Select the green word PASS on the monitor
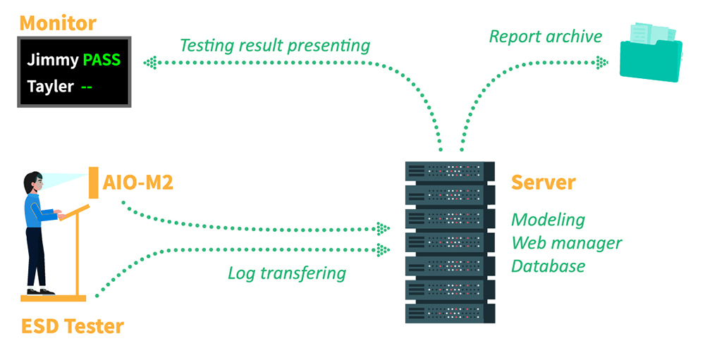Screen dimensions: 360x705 102,61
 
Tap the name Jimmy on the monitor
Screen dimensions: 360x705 53,61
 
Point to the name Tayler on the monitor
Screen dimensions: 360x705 50,87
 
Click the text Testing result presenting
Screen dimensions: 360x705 274,46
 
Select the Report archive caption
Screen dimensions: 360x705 546,36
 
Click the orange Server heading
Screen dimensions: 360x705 543,182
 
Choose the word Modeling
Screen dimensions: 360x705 548,219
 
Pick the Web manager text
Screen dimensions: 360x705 566,243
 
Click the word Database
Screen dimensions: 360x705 548,266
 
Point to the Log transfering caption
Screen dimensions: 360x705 286,273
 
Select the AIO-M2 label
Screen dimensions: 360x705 138,183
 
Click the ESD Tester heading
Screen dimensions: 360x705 72,326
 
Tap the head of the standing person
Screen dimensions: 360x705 31,182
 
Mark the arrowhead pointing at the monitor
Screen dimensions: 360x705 150,63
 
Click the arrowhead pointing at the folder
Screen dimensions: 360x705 601,63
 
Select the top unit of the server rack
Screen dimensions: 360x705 446,170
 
